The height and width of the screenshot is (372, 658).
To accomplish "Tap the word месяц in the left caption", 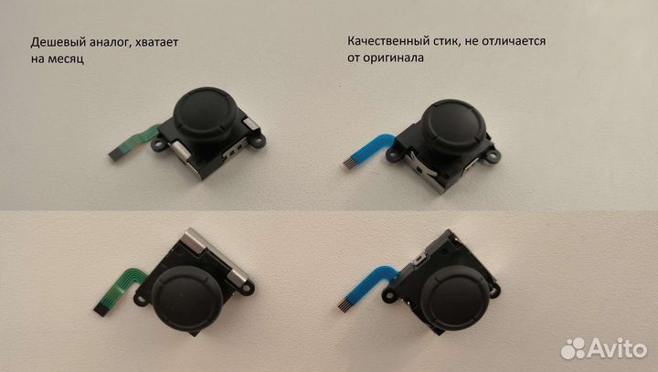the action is tap(66, 58).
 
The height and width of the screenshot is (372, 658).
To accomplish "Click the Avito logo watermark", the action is tap(604, 348).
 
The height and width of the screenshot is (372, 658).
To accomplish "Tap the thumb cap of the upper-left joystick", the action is tap(206, 111).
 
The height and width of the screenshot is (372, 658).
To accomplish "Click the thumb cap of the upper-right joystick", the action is tap(452, 123).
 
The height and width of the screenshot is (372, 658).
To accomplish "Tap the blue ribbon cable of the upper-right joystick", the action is tap(368, 149).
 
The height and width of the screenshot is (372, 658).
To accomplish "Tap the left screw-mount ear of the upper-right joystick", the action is tap(393, 154).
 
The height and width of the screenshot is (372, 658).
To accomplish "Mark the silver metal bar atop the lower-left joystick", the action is tap(215, 256).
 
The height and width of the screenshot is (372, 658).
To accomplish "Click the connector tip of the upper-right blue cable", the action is tap(348, 164).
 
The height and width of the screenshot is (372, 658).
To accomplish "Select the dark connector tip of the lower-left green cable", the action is tap(101, 311).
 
